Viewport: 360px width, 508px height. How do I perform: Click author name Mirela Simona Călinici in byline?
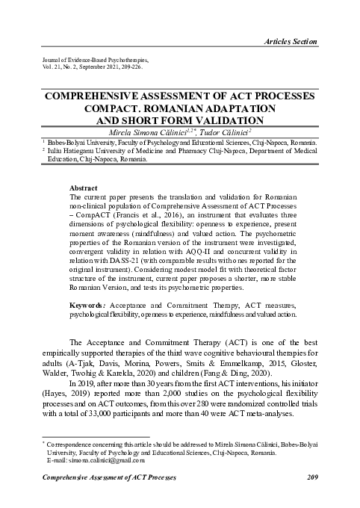[149, 131]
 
